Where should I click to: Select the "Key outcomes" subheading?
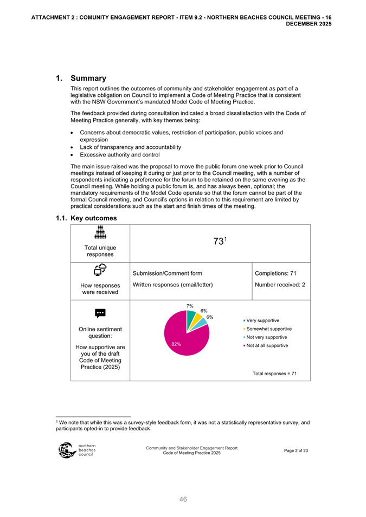(x=93, y=218)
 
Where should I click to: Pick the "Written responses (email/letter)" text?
(x=173, y=284)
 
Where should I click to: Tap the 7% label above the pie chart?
(x=190, y=306)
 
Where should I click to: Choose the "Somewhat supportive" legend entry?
(x=268, y=329)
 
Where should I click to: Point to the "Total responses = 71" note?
(x=274, y=373)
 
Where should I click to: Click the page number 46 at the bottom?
(x=183, y=500)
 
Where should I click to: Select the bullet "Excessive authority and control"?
(x=119, y=155)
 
